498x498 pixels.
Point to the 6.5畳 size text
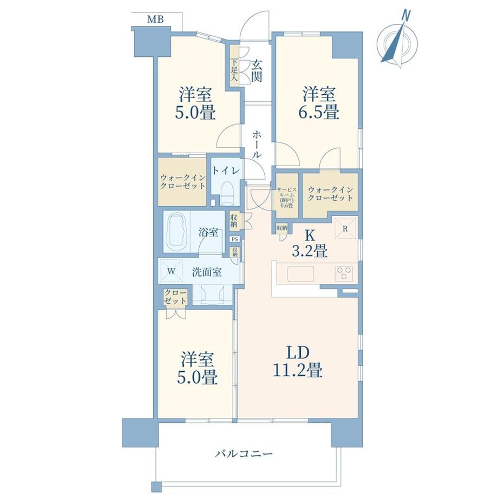coord(320,113)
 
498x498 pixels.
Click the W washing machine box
coord(171,272)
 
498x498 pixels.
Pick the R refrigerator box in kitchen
coord(345,228)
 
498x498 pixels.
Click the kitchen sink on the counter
coord(305,274)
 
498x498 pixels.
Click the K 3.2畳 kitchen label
coord(310,244)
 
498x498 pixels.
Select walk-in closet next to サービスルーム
coord(330,193)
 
